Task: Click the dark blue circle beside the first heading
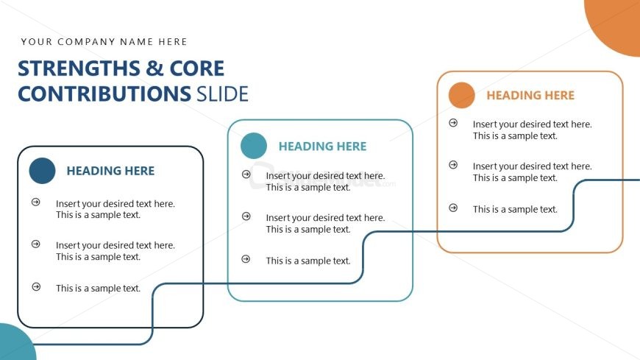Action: [42, 171]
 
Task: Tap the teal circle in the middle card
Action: [254, 146]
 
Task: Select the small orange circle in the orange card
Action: [462, 95]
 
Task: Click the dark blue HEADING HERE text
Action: [110, 171]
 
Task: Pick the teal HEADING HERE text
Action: [322, 147]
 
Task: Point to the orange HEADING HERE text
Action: [530, 95]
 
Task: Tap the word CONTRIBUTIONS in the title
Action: [104, 93]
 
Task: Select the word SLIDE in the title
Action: [222, 93]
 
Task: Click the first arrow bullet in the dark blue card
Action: [36, 202]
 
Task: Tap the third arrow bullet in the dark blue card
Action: [36, 287]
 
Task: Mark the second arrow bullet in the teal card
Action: [246, 216]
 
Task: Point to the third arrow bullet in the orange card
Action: [453, 208]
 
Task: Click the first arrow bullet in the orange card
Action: [453, 123]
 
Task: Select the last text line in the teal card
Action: [308, 261]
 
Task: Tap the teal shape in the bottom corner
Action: [16, 344]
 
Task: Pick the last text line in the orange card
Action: [515, 209]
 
